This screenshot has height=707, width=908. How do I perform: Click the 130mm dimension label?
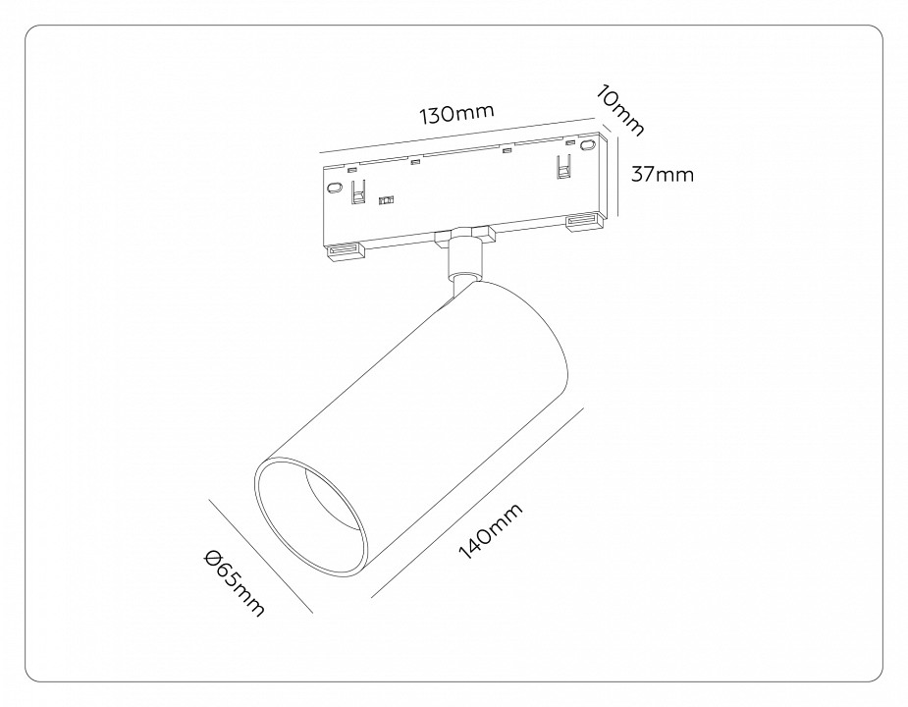pos(455,114)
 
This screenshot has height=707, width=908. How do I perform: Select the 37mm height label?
pos(662,175)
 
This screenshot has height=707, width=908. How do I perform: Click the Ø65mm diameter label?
pos(234,584)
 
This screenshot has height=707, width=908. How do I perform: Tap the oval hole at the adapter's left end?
pos(335,188)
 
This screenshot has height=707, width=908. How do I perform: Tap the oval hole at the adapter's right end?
pos(588,145)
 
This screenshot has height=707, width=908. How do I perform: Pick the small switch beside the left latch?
pos(386,199)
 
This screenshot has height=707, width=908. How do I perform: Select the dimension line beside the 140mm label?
pos(476,501)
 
